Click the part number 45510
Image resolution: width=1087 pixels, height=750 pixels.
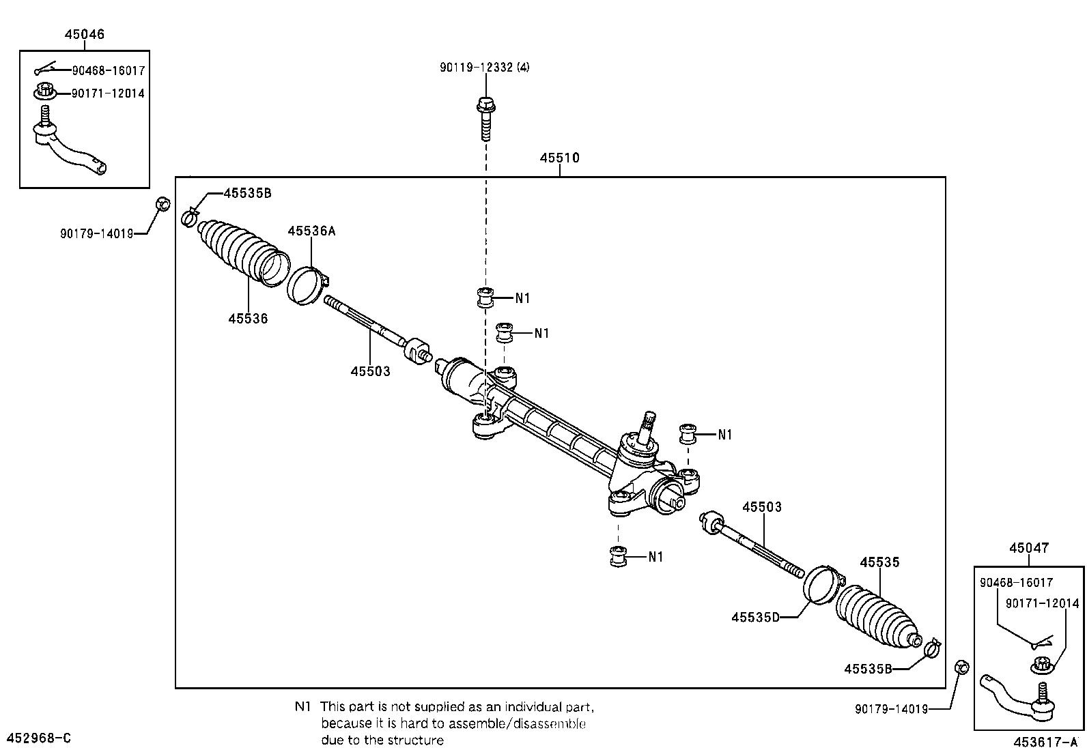coord(559,158)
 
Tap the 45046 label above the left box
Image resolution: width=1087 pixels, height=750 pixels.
coord(85,34)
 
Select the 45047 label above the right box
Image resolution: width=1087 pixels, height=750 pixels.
coord(1029,548)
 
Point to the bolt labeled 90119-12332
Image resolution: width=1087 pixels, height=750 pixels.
coord(485,118)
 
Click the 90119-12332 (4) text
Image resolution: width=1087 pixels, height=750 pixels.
coord(484,67)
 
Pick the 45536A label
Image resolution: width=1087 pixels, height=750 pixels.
coord(311,231)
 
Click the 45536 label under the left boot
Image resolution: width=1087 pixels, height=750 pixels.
coord(248,319)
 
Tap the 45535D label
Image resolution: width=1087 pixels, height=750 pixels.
coord(755,617)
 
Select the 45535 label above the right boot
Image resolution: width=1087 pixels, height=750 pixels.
coord(880,562)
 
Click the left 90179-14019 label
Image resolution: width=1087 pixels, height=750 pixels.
coord(96,234)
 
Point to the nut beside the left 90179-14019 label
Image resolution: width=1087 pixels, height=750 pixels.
coord(163,204)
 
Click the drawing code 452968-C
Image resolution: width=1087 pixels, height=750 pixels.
coord(39,738)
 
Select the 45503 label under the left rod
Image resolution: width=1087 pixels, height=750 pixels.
coord(370,371)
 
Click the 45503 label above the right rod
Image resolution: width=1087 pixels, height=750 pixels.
coord(762,507)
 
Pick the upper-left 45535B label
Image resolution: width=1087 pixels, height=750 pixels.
coord(247,193)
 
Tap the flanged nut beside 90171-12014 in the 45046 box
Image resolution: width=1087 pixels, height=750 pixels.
coord(44,91)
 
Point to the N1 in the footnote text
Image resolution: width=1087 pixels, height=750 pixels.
coord(302,706)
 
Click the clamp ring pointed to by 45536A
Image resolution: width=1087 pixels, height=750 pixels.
coord(308,285)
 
